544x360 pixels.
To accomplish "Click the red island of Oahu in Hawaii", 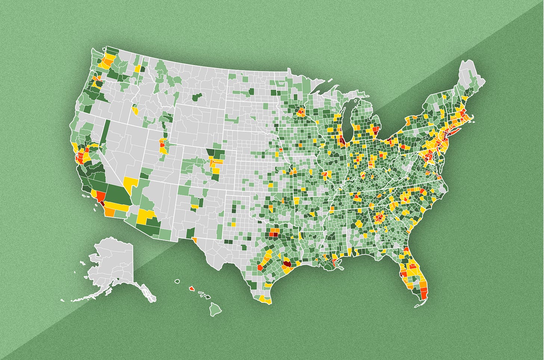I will click(191, 289).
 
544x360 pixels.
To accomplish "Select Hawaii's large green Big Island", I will click(214, 309).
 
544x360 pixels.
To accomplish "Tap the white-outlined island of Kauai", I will click(177, 281).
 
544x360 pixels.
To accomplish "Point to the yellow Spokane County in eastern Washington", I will click(138, 69).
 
